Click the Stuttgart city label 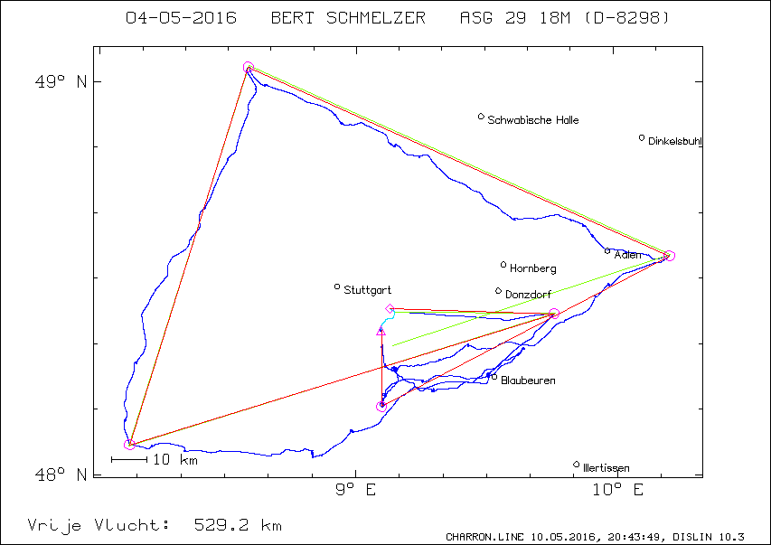coord(367,290)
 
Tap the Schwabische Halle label coord(533,120)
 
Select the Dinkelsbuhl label coord(674,141)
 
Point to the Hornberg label coord(533,268)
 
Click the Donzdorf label coord(528,295)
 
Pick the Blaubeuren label coord(528,381)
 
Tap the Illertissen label coord(606,468)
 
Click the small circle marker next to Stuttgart coord(337,287)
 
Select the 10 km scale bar coord(129,460)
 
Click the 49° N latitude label coord(61,81)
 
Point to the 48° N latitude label coord(61,475)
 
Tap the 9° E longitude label coord(355,490)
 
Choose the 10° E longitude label coord(617,490)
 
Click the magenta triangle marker coord(381,332)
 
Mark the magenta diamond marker coord(390,309)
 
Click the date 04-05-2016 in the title coord(182,18)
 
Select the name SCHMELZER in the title coord(376,18)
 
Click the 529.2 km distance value coord(238,525)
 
